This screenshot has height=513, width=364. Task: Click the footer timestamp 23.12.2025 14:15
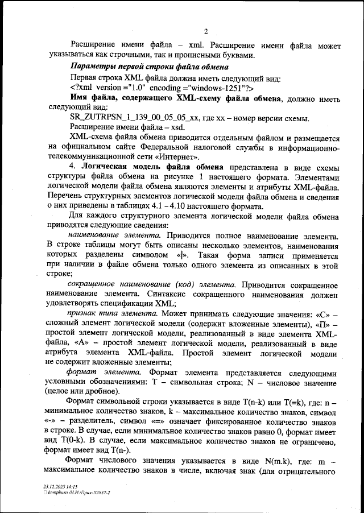(x=60, y=487)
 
